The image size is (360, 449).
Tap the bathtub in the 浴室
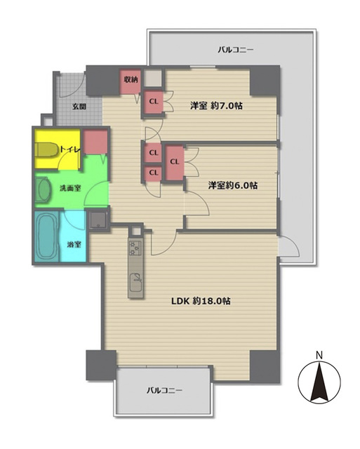coord(47,236)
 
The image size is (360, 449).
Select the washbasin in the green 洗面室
coord(44,189)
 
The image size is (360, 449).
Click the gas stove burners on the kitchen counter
coord(135,248)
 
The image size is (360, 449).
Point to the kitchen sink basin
coord(136,282)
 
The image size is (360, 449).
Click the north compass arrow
coord(319,382)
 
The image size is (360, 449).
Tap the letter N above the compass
coord(319,356)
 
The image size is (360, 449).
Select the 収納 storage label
coord(131,79)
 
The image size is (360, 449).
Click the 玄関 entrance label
coord(79,107)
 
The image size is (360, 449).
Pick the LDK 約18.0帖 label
coord(201,301)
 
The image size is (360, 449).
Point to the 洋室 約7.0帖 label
coord(216,106)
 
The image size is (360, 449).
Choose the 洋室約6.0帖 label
coord(232,185)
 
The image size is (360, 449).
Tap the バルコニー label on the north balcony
coord(235,50)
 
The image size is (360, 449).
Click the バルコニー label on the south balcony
coord(164,390)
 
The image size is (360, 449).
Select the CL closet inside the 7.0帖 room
coord(154,101)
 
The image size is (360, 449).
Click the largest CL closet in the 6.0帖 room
coord(175,162)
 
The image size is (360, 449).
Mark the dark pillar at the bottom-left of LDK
coord(101,366)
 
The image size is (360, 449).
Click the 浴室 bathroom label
coord(74,245)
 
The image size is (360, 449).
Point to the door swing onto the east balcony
coord(289,246)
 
